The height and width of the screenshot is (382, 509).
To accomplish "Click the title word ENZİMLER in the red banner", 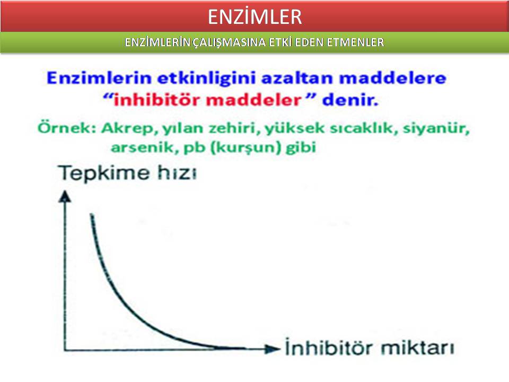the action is [x=255, y=16].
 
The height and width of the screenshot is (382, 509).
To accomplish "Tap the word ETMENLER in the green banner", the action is [x=355, y=42].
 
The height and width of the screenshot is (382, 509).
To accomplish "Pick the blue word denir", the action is [x=350, y=100].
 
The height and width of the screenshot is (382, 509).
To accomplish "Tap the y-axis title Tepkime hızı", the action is [x=128, y=173].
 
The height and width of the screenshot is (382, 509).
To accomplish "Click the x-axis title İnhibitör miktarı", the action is [x=370, y=347].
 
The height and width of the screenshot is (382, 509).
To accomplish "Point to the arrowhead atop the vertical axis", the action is [x=65, y=196].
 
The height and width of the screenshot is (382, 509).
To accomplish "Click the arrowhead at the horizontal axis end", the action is [x=273, y=349].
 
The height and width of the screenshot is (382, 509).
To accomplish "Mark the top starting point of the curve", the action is [x=91, y=214].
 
